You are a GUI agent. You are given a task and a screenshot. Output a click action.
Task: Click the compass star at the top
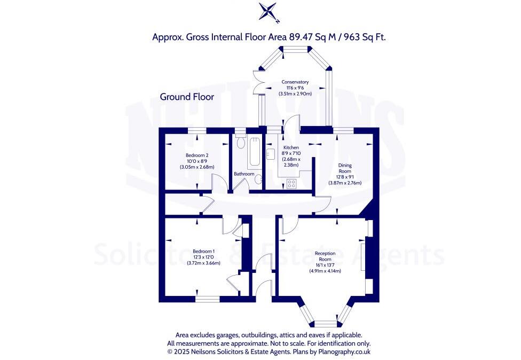(x=268, y=12)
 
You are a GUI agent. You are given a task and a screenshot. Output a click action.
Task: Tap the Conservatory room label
(x=295, y=82)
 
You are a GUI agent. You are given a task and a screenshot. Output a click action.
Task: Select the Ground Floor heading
(x=187, y=97)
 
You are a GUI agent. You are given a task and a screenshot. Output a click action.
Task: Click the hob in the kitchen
(x=291, y=184)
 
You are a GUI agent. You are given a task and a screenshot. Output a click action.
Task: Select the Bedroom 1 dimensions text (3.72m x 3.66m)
(x=203, y=262)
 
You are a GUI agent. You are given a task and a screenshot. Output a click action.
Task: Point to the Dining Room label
(x=344, y=168)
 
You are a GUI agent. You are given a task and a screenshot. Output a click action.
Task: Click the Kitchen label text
(x=291, y=147)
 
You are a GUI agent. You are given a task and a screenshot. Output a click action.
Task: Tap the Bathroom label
(x=244, y=174)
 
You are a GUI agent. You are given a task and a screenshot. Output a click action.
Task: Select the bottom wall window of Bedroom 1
(x=207, y=299)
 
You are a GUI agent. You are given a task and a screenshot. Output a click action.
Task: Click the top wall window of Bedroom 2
(x=198, y=130)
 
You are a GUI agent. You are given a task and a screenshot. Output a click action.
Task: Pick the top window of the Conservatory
(x=295, y=49)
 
